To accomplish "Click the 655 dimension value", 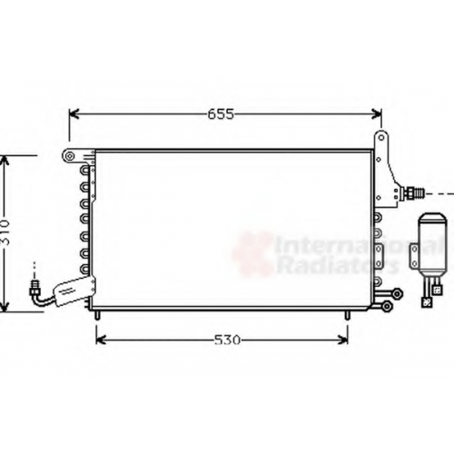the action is (x=221, y=114).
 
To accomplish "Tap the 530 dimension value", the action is (x=227, y=340).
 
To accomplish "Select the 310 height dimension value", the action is (x=5, y=232).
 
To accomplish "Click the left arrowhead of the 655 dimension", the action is (x=74, y=114).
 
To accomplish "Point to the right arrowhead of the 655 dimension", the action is (x=377, y=114).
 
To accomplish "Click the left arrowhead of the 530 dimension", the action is (x=100, y=340).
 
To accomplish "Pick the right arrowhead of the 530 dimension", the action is (x=343, y=340).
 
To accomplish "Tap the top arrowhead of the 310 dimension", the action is (x=5, y=161).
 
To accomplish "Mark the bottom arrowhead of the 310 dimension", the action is (x=5, y=307).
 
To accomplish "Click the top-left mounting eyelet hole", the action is (x=70, y=156).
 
